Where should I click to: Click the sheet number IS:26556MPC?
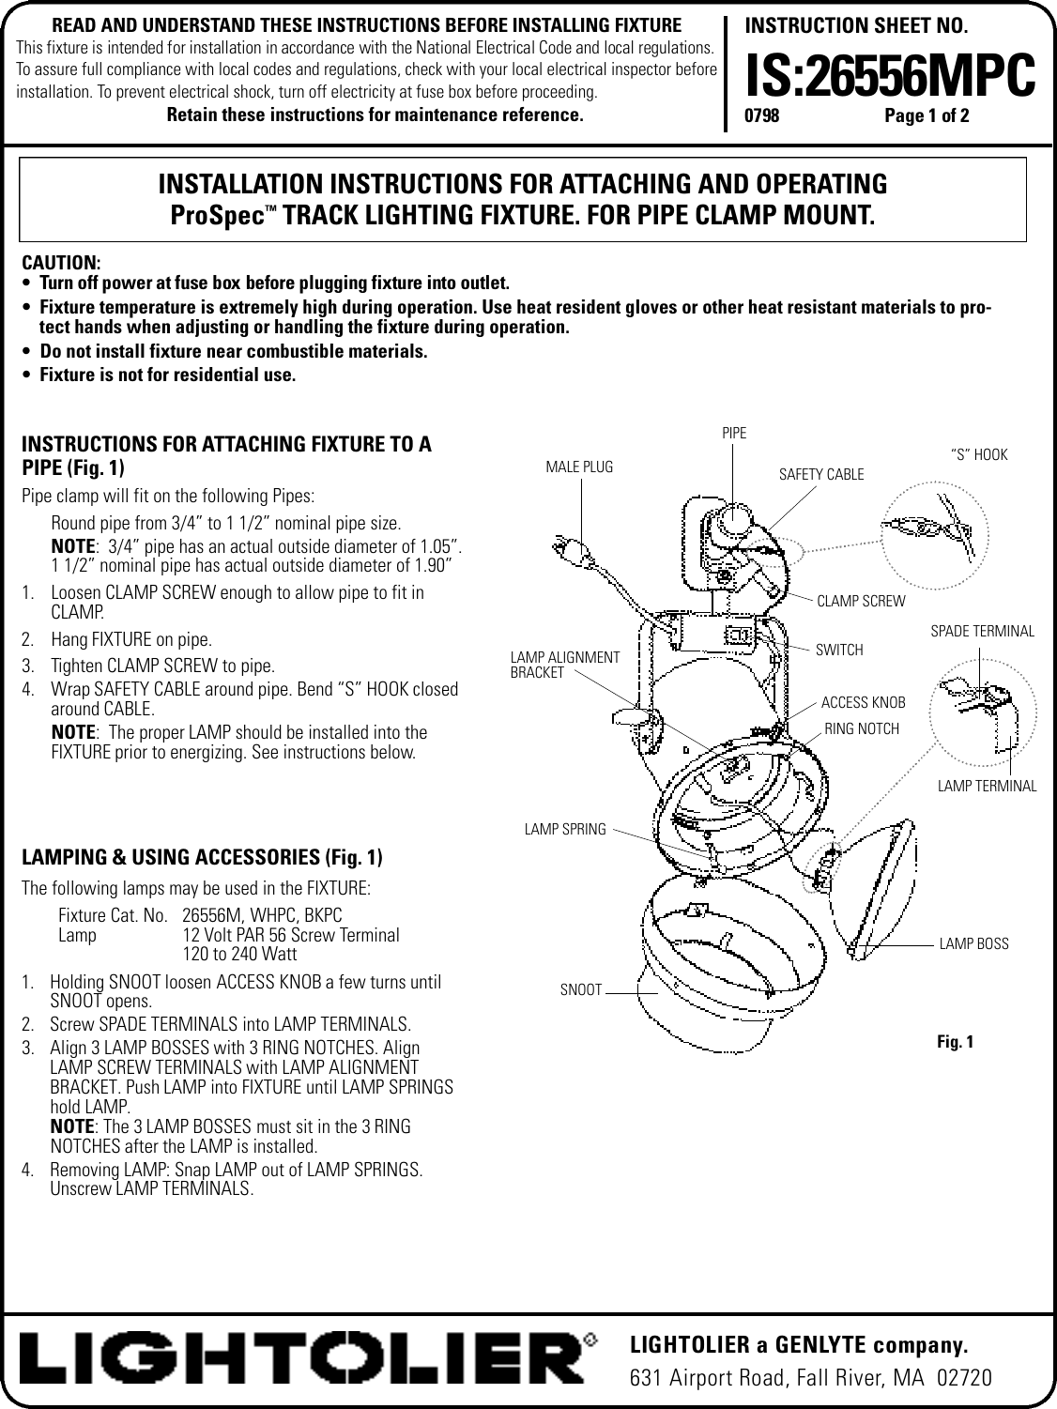tap(889, 74)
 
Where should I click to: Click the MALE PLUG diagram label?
tap(579, 467)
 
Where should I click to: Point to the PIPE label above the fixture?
tap(734, 433)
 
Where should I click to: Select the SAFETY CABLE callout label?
tap(821, 475)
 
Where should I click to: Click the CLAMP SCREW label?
tap(862, 601)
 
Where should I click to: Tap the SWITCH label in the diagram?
tap(839, 650)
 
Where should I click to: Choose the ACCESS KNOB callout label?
tap(863, 702)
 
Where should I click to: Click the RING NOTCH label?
tap(861, 728)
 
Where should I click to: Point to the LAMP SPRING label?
tap(565, 829)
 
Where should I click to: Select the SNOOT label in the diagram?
tap(580, 989)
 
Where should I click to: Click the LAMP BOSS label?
tap(973, 943)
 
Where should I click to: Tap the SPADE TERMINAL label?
tap(982, 632)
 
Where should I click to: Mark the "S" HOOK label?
tap(978, 455)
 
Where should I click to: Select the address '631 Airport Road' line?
tap(809, 1378)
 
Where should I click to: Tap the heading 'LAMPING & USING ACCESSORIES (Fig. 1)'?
tap(202, 857)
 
